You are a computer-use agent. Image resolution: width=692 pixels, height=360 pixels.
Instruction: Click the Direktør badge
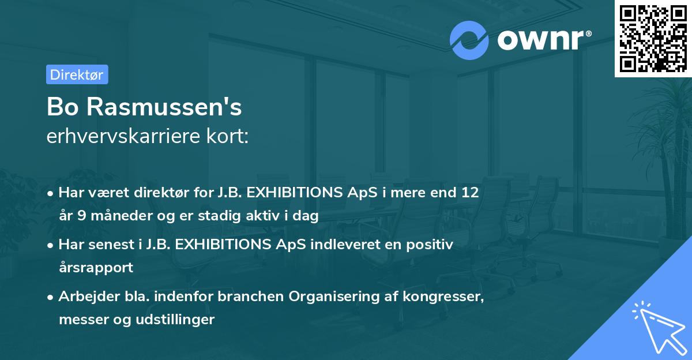(76, 74)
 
